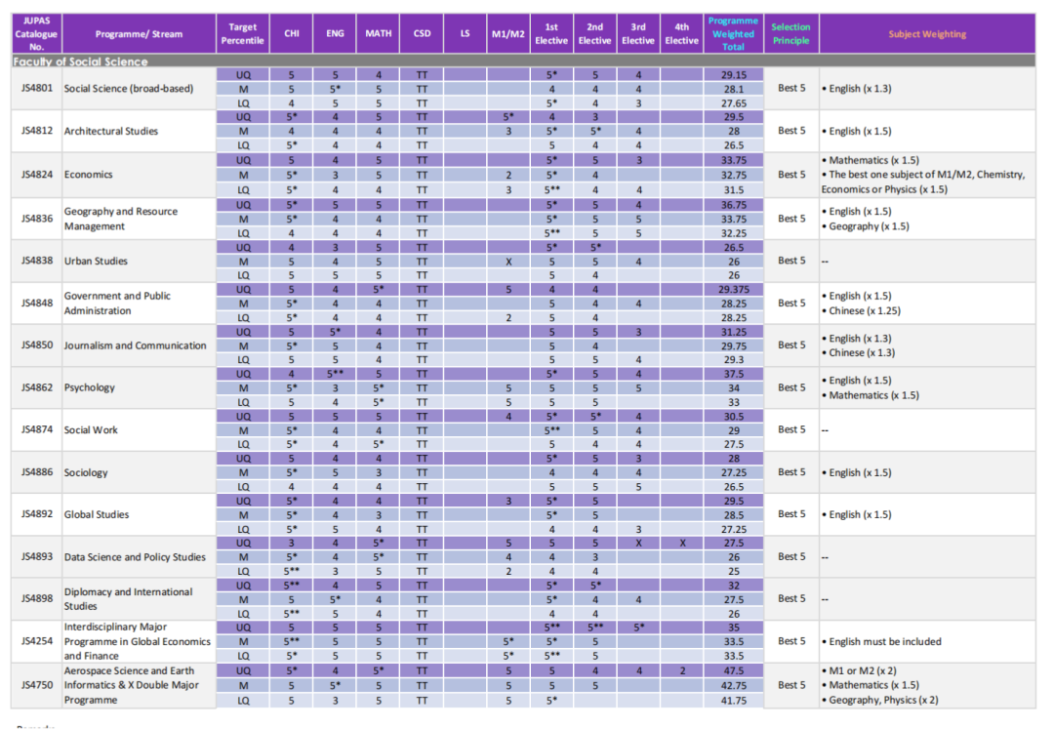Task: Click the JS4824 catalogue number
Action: (x=36, y=175)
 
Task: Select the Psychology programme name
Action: (x=90, y=387)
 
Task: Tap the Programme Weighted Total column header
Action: (x=733, y=33)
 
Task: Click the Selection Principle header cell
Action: (x=790, y=33)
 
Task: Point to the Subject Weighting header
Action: (x=927, y=34)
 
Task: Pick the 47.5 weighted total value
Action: (x=733, y=670)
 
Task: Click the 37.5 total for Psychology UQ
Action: (x=733, y=374)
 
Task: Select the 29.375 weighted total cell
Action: (x=733, y=289)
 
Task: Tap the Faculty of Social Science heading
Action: (x=81, y=61)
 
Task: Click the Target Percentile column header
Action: (x=243, y=33)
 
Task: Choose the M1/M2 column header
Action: (x=508, y=33)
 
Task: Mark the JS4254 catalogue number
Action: (x=36, y=641)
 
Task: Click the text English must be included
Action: (x=884, y=641)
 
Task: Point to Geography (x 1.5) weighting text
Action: (x=869, y=226)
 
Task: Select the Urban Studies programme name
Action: (x=96, y=261)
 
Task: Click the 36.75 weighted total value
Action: (x=733, y=204)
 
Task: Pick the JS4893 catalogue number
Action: (x=36, y=556)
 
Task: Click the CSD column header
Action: (x=423, y=33)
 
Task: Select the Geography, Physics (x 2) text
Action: (x=883, y=700)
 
